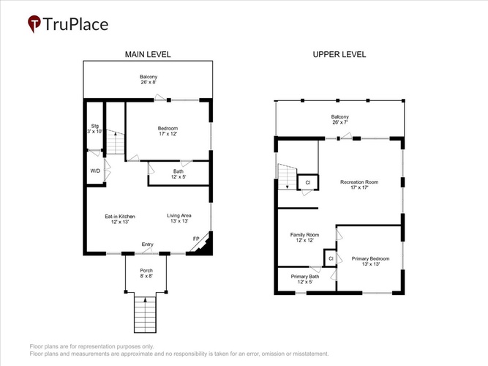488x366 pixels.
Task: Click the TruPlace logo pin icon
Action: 34,23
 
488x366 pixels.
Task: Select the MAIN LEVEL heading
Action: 148,54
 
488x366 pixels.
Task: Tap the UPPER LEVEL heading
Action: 339,54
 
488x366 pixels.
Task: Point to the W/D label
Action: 95,171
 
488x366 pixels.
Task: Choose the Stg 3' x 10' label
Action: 95,129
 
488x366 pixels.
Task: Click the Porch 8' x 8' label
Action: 146,273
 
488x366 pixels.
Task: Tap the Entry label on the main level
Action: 148,244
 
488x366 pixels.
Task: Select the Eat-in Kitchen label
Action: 120,219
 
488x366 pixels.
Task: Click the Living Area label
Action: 179,218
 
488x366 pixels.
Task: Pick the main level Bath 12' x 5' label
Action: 179,173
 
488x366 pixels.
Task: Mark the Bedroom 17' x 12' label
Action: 168,131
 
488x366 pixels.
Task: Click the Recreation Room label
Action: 359,184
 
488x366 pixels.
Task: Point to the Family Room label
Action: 304,237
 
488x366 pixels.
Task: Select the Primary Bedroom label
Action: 371,261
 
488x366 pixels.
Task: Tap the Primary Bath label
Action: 305,279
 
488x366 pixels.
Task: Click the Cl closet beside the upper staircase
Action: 308,182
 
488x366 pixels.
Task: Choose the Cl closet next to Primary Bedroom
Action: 331,258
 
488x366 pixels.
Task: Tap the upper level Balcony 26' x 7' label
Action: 340,119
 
